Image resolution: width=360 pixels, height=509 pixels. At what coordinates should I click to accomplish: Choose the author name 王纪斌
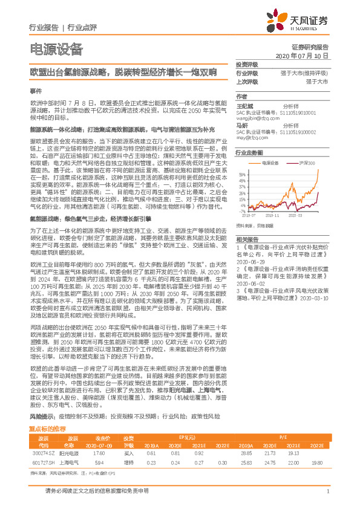click(243, 104)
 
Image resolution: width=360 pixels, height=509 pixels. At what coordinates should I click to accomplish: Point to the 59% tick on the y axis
click(242, 173)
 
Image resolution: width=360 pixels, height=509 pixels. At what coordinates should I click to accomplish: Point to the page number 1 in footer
click(327, 491)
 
